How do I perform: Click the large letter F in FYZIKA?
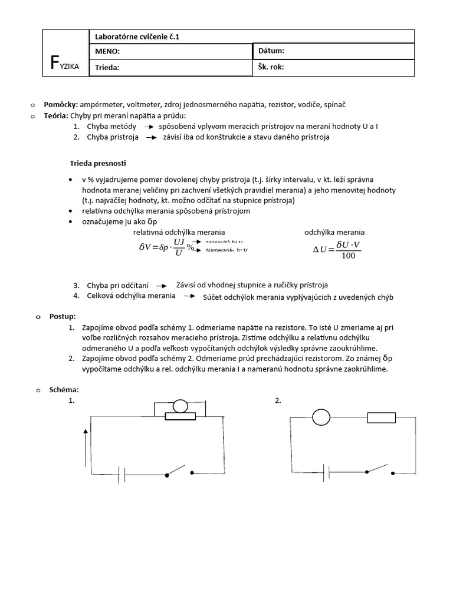(54, 62)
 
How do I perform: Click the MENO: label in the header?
(107, 52)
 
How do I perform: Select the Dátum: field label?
(271, 51)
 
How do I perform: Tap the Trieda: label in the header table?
(107, 67)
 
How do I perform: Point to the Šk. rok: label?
(271, 67)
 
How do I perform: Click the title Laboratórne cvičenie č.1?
(137, 37)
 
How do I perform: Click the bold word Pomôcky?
(61, 104)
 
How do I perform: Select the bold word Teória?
(57, 115)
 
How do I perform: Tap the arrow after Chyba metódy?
(149, 127)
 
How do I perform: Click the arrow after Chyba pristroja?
(152, 137)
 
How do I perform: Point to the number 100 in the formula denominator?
(348, 256)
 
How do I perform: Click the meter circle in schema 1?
(180, 406)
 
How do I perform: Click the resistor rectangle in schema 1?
(180, 416)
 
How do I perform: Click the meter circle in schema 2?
(321, 418)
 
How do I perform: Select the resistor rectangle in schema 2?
(381, 418)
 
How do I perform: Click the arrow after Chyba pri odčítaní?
(162, 285)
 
